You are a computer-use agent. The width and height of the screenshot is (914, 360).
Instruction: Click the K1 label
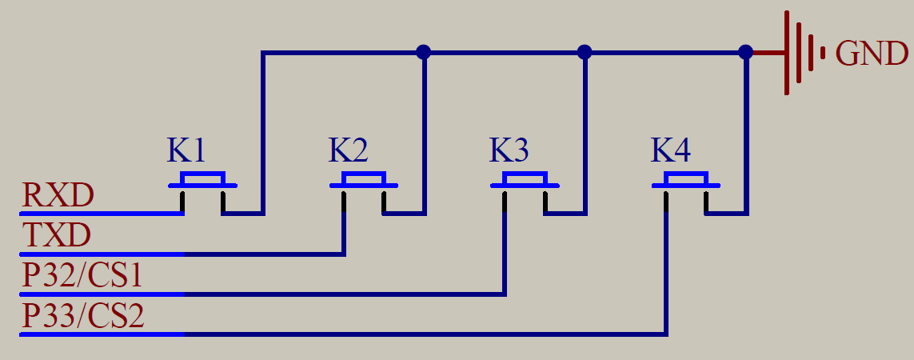[186, 150]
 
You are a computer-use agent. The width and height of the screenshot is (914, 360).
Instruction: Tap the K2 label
[348, 150]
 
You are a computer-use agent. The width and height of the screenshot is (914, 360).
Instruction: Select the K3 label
[509, 150]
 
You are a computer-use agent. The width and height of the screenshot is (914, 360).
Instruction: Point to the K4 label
[670, 150]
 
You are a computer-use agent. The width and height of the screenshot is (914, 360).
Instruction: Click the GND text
[871, 54]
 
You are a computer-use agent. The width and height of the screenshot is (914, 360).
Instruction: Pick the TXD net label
[57, 236]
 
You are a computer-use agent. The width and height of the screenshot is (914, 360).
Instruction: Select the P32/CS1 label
[83, 276]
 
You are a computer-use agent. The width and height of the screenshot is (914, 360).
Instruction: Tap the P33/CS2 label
[83, 316]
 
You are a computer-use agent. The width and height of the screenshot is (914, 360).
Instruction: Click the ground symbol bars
[804, 53]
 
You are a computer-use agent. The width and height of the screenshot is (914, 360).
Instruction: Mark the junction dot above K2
[424, 53]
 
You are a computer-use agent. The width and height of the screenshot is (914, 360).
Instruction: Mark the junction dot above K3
[585, 53]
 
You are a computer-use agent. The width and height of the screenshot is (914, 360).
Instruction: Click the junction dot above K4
[745, 53]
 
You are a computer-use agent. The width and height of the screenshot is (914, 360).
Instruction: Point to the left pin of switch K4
[665, 201]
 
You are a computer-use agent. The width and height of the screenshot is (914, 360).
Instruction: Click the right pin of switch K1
[223, 202]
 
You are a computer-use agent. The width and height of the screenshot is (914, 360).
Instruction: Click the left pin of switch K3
[505, 201]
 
